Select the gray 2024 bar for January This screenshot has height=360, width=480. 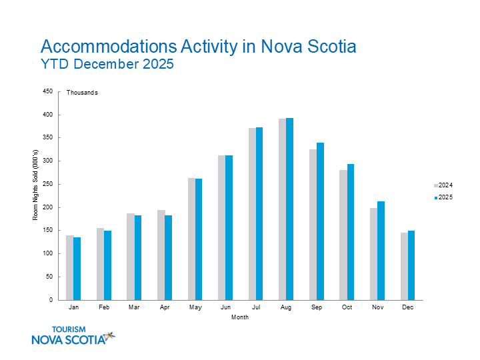coord(69,267)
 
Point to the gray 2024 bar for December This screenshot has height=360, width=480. coord(404,266)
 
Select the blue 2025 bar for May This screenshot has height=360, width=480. coord(199,239)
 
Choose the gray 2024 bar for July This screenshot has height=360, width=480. coord(252,214)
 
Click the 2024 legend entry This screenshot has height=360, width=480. coord(443,185)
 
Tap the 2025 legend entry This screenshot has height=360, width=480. coord(443,197)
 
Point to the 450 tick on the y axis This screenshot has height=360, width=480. coord(47,92)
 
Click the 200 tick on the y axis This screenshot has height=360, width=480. coord(47,207)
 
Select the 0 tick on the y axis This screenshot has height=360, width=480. coord(51,300)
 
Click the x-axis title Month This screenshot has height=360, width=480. coord(240,317)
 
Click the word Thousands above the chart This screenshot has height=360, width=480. coord(82,93)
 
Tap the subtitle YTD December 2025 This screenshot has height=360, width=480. coord(107,65)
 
